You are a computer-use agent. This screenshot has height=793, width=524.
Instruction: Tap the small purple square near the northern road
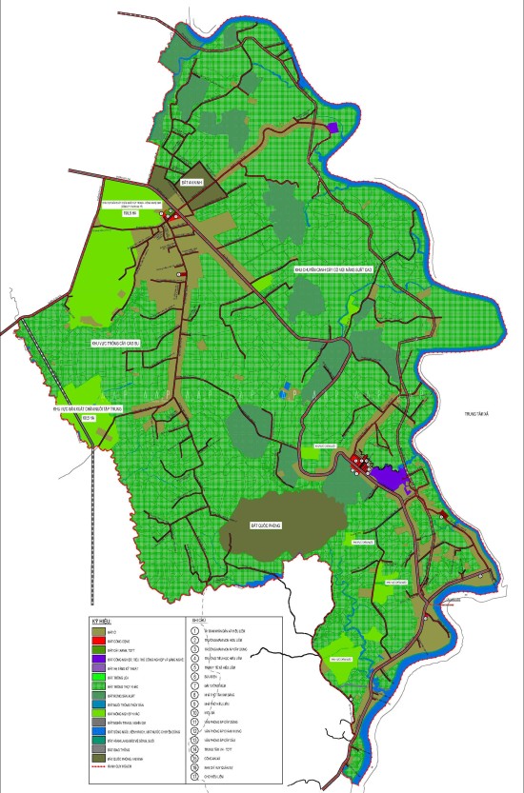click(x=332, y=127)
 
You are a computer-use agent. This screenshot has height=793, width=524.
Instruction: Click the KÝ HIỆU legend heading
click(x=101, y=620)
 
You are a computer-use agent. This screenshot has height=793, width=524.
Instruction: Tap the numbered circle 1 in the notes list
click(x=193, y=630)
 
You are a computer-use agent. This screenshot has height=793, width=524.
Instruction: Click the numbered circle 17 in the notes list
click(x=193, y=778)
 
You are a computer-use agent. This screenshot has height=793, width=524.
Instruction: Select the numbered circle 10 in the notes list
click(x=193, y=713)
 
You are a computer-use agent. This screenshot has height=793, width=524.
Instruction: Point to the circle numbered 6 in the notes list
click(x=193, y=676)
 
